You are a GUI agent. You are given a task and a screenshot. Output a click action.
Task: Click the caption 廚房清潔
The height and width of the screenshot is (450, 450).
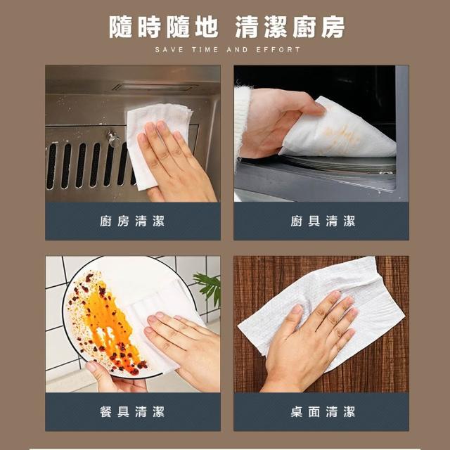[132, 221]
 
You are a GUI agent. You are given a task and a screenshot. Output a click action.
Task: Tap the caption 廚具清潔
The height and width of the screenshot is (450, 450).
[323, 221]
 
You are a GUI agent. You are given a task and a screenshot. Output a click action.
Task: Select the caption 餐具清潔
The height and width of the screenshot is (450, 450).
[132, 412]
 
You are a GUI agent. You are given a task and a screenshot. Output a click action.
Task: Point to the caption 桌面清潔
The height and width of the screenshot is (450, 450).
[323, 412]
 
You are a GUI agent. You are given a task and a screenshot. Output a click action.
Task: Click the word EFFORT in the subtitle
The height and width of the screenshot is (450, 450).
[278, 50]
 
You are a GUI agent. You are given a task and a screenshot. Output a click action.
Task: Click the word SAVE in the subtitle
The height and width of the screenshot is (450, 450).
[169, 50]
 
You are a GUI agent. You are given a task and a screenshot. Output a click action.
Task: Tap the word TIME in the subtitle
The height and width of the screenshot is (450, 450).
[205, 50]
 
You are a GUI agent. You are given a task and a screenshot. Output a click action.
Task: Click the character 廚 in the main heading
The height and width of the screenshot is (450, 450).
[304, 27]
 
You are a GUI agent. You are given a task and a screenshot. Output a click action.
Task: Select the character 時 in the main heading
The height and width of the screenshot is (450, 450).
[149, 27]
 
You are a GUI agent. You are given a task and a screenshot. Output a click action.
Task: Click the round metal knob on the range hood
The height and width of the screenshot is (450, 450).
[114, 139]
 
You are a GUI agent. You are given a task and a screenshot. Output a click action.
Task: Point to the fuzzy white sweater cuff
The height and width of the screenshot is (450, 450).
[242, 120]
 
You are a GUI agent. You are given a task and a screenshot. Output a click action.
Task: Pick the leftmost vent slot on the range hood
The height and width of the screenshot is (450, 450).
[51, 166]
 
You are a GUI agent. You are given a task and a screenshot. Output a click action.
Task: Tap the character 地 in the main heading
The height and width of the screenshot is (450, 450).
[207, 27]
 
